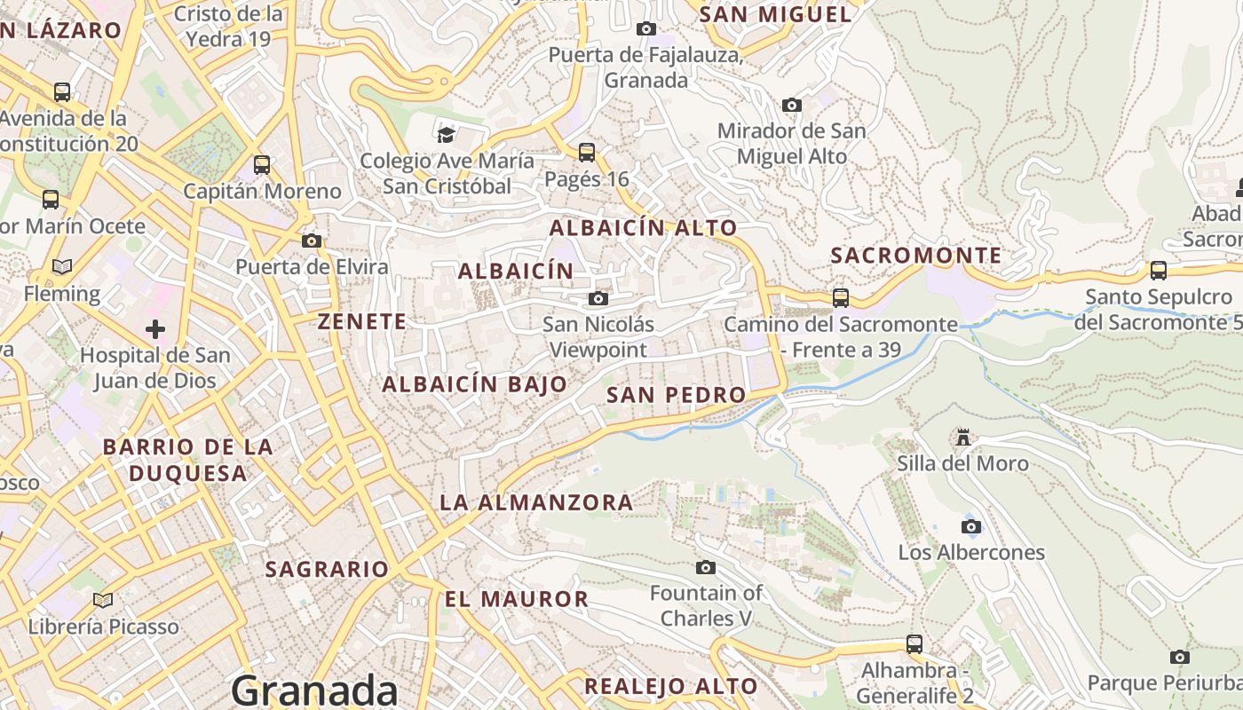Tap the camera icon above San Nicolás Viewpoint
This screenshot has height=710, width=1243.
coord(598,298)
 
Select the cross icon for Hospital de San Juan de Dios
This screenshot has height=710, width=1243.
coord(155,330)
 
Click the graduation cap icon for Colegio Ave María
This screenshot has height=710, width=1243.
coord(446,135)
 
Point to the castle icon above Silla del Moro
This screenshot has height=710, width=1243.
coord(962,437)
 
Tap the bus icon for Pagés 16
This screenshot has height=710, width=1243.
coord(586,153)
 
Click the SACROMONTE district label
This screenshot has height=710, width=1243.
coord(915,256)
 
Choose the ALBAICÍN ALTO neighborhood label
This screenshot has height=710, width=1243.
coord(643,227)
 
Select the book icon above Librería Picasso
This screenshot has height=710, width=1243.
coord(103,601)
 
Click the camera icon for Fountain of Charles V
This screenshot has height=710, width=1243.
coord(706,567)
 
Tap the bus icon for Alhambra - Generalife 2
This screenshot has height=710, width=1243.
coord(914,643)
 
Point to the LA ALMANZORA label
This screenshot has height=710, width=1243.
coord(536,502)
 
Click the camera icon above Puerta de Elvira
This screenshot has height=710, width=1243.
coord(311,241)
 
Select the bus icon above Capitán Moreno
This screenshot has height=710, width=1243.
coord(262,165)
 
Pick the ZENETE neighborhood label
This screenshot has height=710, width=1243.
coord(362,321)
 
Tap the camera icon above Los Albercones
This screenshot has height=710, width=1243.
coord(971,526)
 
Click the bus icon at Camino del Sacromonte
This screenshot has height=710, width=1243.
coord(840,298)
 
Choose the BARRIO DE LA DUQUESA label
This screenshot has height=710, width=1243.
coord(187,460)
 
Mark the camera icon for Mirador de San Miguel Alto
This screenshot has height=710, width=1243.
coord(791,105)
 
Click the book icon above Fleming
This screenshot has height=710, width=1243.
coord(62,266)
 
